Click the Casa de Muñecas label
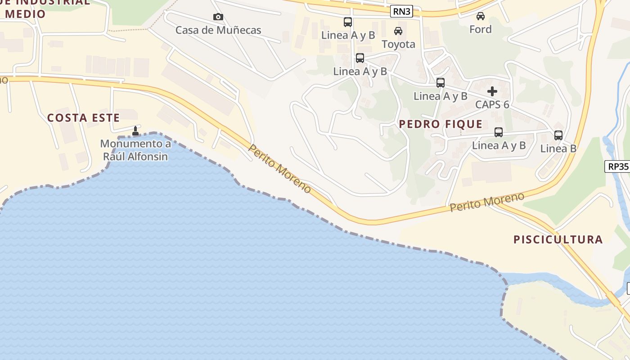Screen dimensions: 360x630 [218, 30]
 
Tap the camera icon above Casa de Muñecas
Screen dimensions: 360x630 [218, 17]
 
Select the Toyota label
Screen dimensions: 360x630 [398, 44]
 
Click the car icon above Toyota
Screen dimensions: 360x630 [398, 31]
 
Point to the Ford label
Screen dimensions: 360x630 [481, 29]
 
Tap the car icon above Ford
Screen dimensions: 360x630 [481, 16]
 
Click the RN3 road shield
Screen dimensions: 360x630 [401, 12]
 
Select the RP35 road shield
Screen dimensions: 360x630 [618, 166]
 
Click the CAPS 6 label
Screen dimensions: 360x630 [492, 104]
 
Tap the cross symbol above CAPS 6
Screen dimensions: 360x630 [492, 91]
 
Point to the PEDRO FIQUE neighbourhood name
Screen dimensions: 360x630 [441, 124]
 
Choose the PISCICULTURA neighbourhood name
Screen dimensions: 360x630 [558, 239]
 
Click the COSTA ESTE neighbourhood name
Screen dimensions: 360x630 [84, 118]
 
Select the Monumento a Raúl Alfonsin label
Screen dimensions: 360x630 [135, 150]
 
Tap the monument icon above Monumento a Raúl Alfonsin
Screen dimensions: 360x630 [135, 131]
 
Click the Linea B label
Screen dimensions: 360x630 [558, 148]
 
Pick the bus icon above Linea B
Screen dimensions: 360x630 [558, 135]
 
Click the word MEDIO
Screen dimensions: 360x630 [26, 14]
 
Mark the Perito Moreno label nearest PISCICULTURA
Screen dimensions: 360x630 [487, 202]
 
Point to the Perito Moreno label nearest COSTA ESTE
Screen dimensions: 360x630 [279, 169]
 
